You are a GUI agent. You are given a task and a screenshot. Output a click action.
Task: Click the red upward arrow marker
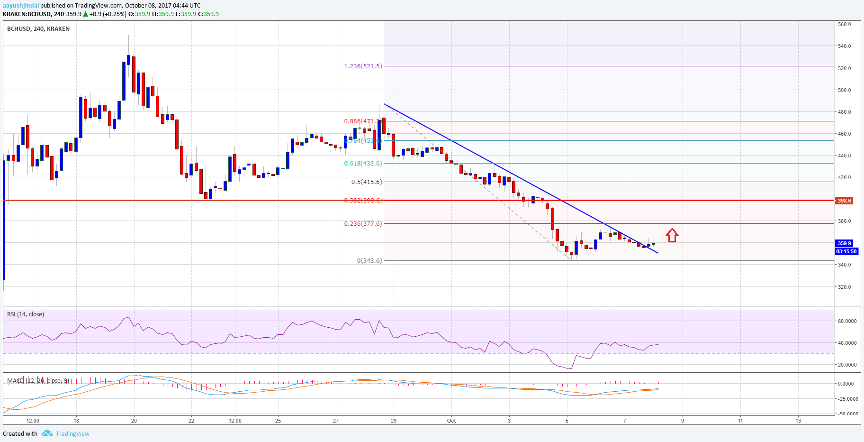point(672,235)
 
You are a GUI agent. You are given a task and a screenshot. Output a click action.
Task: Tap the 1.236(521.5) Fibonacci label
point(363,66)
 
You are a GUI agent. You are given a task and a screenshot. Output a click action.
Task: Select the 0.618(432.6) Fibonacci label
point(363,164)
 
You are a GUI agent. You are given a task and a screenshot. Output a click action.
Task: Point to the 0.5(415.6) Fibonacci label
point(366,182)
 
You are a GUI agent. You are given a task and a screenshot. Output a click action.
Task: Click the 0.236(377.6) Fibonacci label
point(363,224)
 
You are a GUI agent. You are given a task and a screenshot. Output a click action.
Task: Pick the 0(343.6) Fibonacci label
point(369,260)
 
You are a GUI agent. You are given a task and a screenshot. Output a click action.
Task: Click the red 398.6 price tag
point(844,201)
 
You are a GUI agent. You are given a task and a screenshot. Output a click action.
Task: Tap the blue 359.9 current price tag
point(844,243)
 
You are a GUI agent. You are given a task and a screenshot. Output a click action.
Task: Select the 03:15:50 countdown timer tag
point(846,251)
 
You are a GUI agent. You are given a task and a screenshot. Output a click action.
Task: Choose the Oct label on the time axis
point(451,421)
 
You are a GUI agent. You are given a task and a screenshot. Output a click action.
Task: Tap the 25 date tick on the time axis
point(278,421)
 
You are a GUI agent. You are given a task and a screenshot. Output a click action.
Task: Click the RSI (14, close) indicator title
point(26,314)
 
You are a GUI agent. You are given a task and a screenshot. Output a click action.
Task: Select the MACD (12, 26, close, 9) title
point(38,381)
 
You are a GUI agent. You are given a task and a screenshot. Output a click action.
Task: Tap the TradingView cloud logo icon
point(47,433)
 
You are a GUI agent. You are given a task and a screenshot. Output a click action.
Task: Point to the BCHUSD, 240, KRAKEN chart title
point(38,29)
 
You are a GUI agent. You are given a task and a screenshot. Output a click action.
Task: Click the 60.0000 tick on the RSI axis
point(847,321)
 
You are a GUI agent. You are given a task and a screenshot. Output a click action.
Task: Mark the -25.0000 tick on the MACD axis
point(847,399)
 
